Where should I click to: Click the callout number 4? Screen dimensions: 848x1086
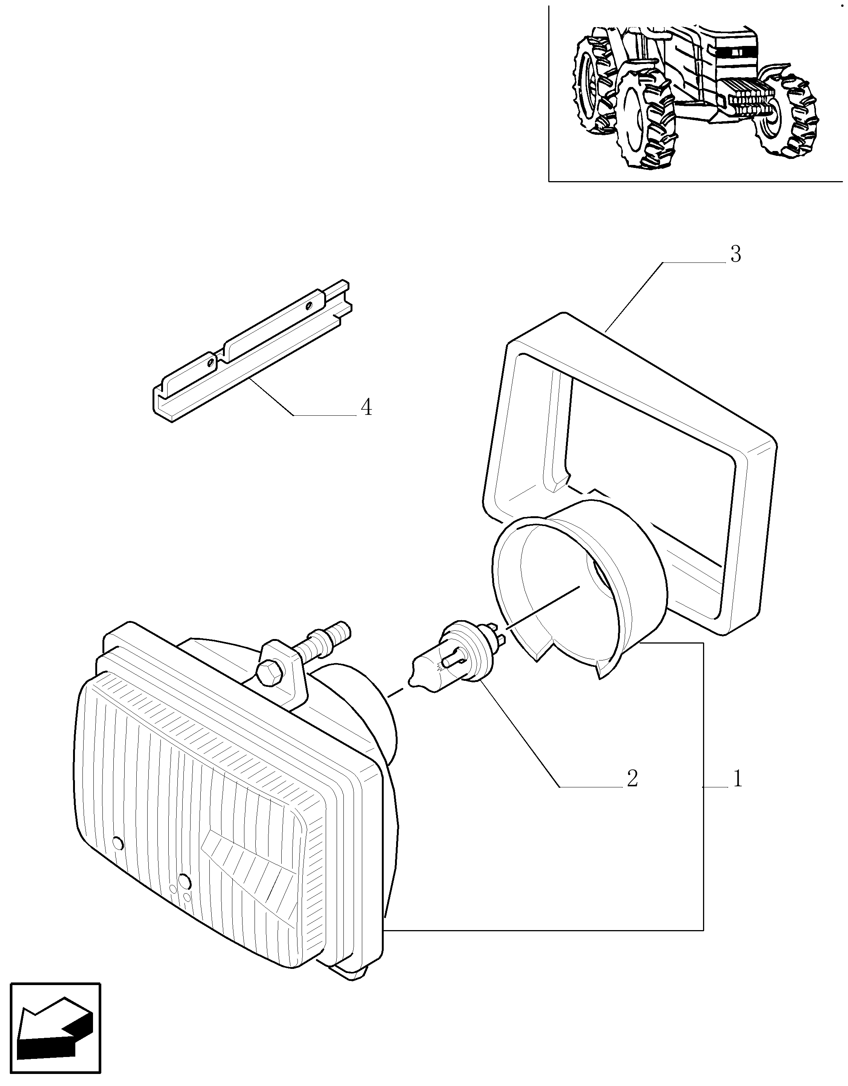366,407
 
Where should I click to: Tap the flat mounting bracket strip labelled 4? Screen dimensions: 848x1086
252,351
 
